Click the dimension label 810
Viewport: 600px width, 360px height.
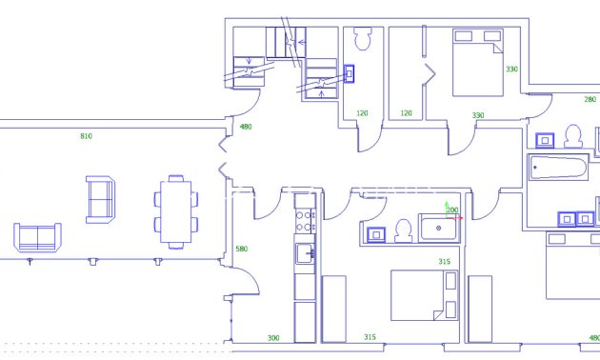click(86, 137)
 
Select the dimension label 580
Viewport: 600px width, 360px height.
click(241, 250)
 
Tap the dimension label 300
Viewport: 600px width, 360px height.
click(273, 338)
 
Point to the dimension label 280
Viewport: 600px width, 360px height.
click(590, 99)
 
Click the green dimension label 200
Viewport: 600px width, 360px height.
click(452, 210)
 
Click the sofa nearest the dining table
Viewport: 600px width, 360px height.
click(100, 199)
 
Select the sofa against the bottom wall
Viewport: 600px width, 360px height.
click(37, 237)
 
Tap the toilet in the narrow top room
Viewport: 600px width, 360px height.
click(361, 40)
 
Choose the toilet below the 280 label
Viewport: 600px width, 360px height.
click(573, 136)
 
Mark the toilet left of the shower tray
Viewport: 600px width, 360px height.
click(403, 230)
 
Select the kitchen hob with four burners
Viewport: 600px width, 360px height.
click(305, 221)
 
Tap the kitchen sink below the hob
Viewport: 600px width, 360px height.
click(305, 252)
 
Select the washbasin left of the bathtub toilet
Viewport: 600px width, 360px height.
click(546, 140)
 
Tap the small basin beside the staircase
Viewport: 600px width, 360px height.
click(349, 72)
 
